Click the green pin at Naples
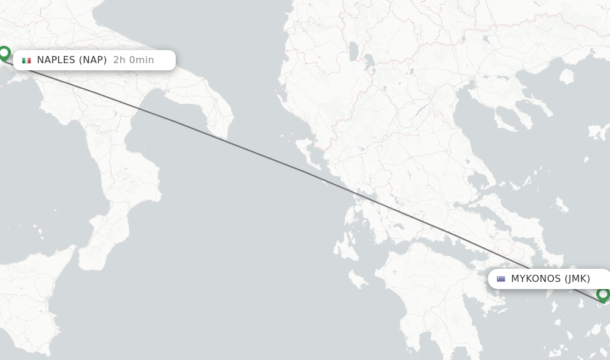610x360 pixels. (x=4, y=53)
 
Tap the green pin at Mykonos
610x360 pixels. (x=603, y=294)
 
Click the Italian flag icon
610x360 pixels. (x=26, y=60)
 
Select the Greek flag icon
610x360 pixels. (x=501, y=279)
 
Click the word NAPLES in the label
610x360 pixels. (x=56, y=60)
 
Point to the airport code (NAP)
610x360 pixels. (x=93, y=60)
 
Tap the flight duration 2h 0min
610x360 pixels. (x=133, y=60)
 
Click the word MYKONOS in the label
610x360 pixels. (x=536, y=279)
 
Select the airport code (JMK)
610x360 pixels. (x=577, y=279)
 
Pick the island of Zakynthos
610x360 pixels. (x=357, y=278)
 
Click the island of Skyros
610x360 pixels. (x=561, y=206)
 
